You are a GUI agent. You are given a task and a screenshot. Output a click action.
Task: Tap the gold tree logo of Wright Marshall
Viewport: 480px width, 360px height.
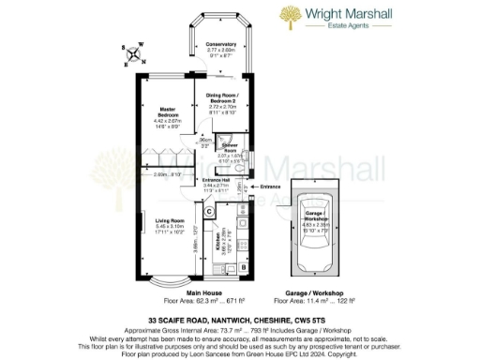coord(289,17)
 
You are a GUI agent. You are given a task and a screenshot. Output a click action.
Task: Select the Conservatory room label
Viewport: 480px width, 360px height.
coord(220,44)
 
